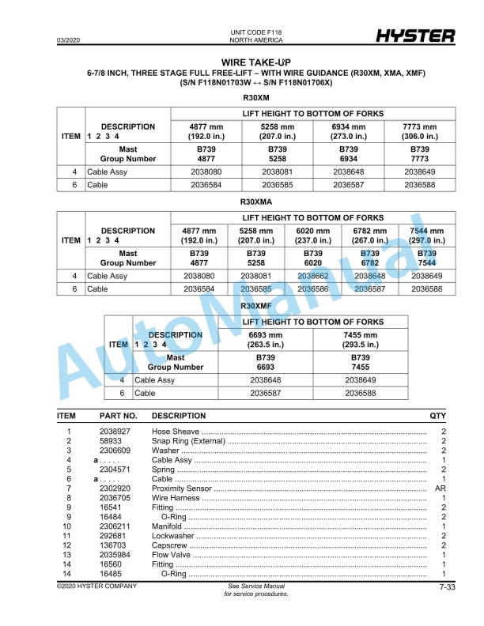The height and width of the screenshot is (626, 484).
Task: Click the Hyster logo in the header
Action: tap(414, 36)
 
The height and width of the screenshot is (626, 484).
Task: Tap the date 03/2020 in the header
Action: tap(68, 40)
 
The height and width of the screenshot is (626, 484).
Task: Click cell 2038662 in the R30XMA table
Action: tap(313, 277)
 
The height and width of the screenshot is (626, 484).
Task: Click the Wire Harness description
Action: tap(176, 498)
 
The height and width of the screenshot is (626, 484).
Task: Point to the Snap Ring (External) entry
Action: tap(188, 441)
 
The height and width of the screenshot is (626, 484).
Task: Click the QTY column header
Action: tap(437, 416)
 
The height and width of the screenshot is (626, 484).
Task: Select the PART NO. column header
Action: tap(118, 416)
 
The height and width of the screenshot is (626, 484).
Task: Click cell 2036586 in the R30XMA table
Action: tap(313, 289)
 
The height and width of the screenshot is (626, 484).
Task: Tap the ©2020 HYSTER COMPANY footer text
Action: tap(96, 586)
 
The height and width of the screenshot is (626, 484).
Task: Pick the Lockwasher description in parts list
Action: tap(173, 536)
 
